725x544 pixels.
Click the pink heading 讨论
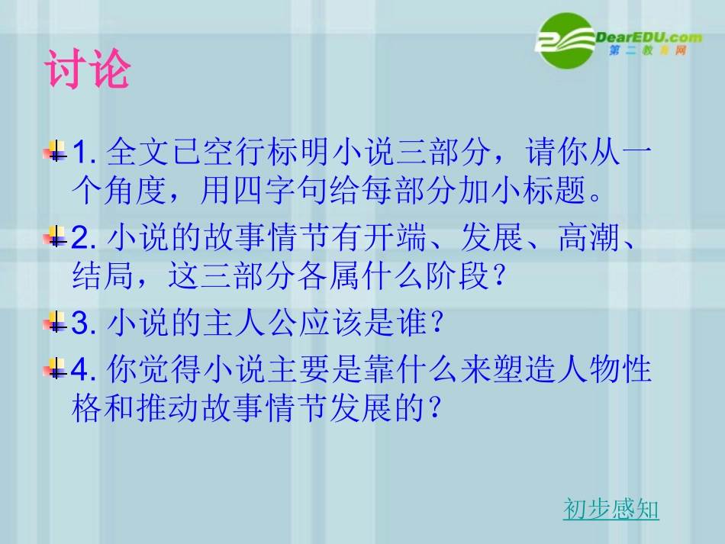87,71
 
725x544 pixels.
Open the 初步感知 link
611,509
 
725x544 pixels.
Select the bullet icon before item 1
55,152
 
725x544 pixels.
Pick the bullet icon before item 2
55,239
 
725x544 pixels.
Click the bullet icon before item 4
55,370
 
